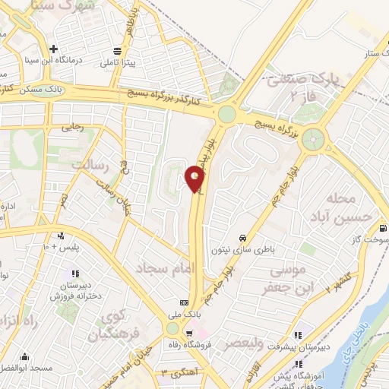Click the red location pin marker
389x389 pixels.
(x=195, y=179)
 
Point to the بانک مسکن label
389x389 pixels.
(x=44, y=90)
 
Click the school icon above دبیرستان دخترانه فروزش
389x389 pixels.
(x=74, y=274)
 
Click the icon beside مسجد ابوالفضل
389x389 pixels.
(x=24, y=356)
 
